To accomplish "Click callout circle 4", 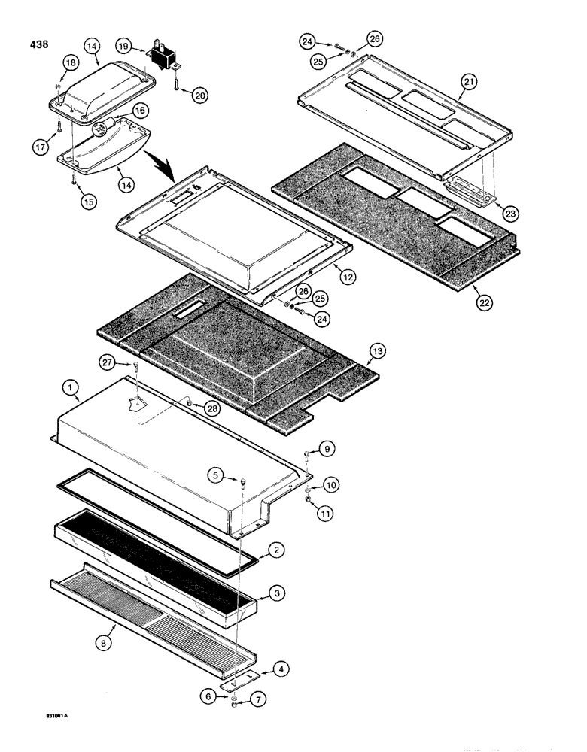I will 278,667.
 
